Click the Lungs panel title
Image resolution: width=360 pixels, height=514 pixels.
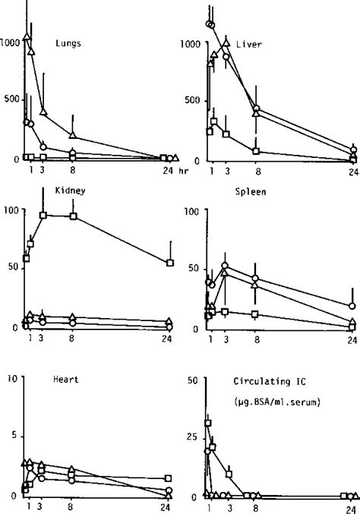coord(69,43)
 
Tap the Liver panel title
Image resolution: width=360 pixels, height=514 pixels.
coord(248,45)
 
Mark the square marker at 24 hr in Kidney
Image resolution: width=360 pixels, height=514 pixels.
coord(171,263)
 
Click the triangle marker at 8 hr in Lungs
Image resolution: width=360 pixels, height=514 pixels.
coord(72,136)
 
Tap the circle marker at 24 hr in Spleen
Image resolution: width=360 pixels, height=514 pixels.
coord(352,306)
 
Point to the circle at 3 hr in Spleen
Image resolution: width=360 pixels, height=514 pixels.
coord(225,266)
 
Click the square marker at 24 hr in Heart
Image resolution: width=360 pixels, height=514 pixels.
coord(169,479)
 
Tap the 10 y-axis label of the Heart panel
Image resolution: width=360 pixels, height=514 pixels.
coord(10,377)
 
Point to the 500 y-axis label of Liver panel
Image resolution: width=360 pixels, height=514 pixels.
coord(193,101)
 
